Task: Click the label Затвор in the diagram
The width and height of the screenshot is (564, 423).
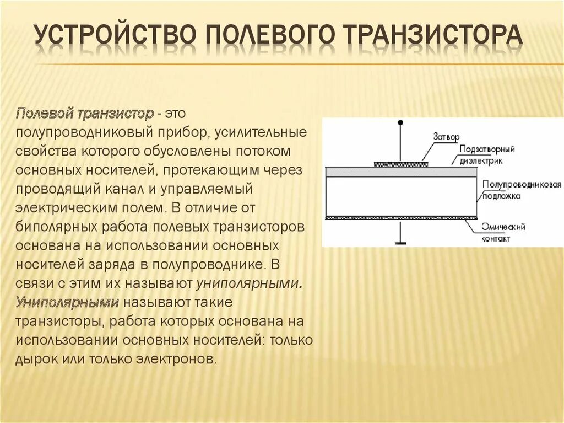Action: (x=446, y=136)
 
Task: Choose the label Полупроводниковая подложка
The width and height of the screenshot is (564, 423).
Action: (x=521, y=190)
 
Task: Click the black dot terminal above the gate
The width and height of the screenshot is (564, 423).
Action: (x=400, y=122)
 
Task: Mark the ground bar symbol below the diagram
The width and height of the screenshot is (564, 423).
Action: (x=400, y=242)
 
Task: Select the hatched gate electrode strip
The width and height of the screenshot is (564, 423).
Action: (x=400, y=164)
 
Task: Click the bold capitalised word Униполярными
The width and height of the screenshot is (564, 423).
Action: (x=67, y=302)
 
